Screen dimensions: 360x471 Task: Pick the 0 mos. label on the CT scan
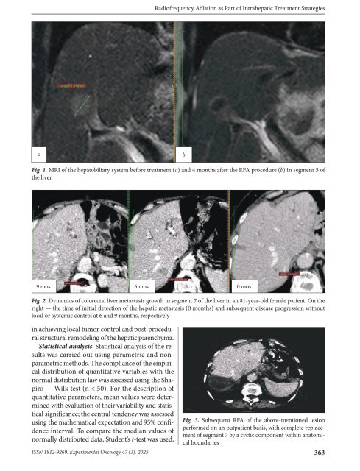click(244, 284)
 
